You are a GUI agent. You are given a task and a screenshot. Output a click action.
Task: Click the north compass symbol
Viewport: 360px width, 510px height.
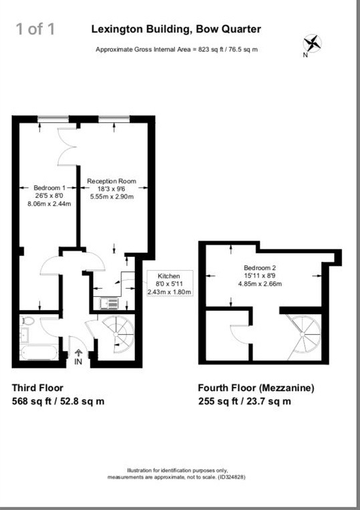tap(312, 45)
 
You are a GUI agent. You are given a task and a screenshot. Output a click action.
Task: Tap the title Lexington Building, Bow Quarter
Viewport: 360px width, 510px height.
tap(176, 29)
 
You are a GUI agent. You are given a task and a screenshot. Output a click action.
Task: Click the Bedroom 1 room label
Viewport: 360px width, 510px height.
tap(49, 196)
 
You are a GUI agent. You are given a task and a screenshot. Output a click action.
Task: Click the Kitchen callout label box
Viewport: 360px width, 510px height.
tap(169, 284)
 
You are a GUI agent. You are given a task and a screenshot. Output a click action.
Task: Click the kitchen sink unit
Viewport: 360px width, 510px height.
tap(108, 303)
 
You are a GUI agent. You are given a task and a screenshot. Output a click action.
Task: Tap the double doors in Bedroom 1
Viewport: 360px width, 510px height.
tap(68, 146)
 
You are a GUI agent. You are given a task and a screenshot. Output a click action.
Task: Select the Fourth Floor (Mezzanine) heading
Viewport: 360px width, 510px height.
tap(256, 388)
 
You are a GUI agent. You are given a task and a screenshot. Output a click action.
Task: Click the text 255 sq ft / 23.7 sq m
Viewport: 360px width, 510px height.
tap(244, 402)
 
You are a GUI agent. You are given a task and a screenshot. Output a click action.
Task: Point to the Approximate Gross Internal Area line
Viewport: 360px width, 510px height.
tap(177, 50)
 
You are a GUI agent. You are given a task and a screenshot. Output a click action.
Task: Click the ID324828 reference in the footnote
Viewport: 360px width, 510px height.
tap(231, 477)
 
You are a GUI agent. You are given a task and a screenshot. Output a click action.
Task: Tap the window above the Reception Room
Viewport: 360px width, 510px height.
tap(114, 119)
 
